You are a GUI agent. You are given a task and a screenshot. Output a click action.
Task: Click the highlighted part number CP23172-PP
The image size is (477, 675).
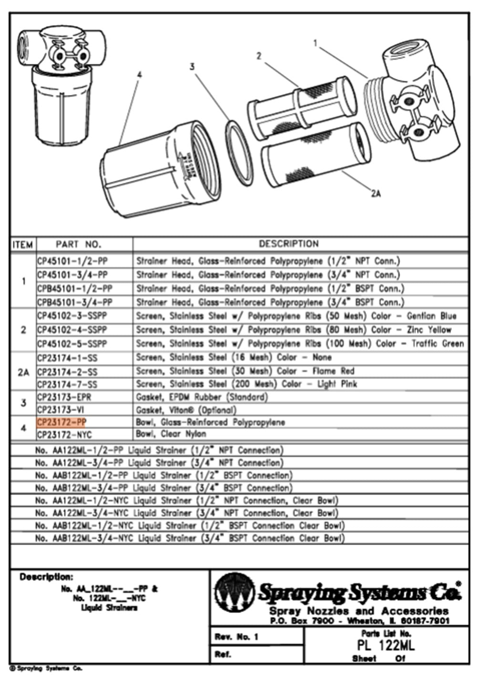pyautogui.click(x=62, y=422)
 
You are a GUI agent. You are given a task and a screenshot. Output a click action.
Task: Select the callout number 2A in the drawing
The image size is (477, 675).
pyautogui.click(x=376, y=194)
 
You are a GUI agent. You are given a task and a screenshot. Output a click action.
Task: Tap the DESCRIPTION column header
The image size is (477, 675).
pyautogui.click(x=288, y=244)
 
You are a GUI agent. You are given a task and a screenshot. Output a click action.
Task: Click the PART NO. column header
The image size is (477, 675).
pyautogui.click(x=78, y=244)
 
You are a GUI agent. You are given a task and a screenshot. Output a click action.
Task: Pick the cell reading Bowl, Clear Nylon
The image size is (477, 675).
pyautogui.click(x=171, y=434)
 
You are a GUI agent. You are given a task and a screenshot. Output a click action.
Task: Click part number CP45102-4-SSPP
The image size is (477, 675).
pyautogui.click(x=72, y=330)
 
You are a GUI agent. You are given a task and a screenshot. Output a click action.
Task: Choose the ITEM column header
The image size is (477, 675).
pyautogui.click(x=22, y=245)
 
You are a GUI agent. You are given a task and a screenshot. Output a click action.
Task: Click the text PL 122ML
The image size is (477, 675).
pyautogui.click(x=386, y=646)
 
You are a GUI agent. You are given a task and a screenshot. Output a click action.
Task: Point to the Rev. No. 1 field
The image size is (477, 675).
pyautogui.click(x=237, y=637)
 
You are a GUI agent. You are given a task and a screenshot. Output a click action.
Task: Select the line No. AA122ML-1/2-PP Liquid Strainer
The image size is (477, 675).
pyautogui.click(x=159, y=450)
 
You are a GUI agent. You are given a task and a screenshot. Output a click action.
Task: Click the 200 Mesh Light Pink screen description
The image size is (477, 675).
pyautogui.click(x=246, y=384)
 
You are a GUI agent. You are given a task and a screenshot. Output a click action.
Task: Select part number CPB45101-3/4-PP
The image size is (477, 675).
pyautogui.click(x=74, y=302)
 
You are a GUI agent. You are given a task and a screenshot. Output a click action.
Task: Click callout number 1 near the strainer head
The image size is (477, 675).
pyautogui.click(x=315, y=43)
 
